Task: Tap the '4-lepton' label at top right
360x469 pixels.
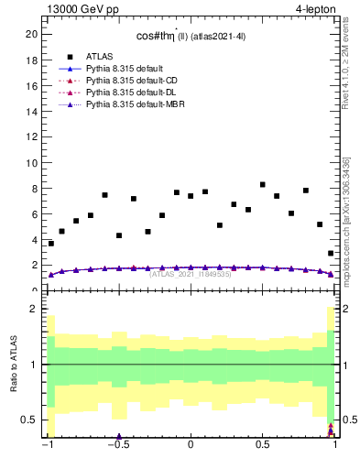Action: coord(317,9)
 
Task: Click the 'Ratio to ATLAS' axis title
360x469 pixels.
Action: coord(13,366)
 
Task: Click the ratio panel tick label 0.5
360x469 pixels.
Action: coord(30,420)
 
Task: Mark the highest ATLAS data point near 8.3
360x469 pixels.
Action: coord(263,185)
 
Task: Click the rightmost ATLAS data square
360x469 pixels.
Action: coord(331,254)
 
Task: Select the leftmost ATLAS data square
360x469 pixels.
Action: coord(51,244)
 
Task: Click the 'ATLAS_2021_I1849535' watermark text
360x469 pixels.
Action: coord(191,274)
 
